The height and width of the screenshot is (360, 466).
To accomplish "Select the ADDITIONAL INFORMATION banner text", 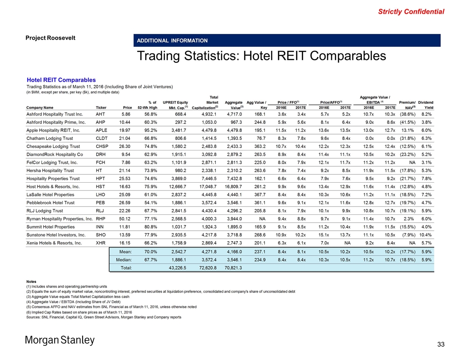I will click(172, 41).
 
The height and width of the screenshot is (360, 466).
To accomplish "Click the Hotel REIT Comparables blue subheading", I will click(61, 80).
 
